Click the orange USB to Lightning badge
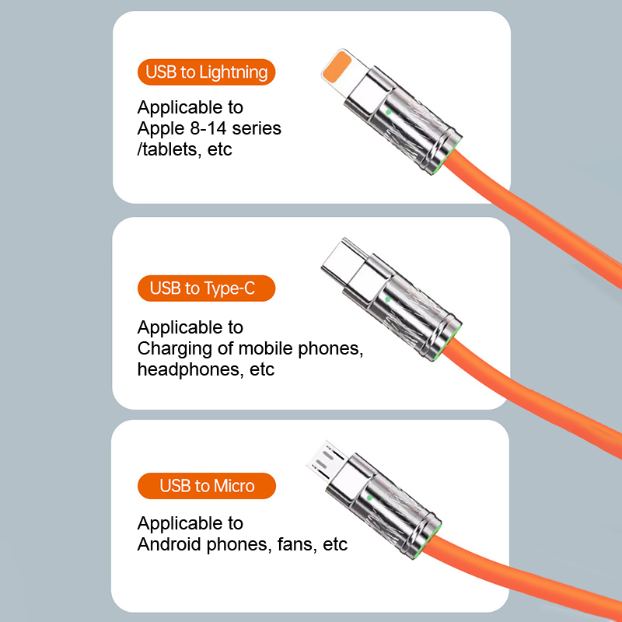point(206,72)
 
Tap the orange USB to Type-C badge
point(206,288)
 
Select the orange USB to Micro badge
point(207,486)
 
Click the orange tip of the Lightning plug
point(337,66)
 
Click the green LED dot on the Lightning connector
point(388,112)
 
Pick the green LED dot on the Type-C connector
point(387,299)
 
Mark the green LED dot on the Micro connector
point(370,498)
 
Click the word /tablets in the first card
point(168,149)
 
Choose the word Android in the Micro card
point(169,544)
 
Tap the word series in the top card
point(257,128)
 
